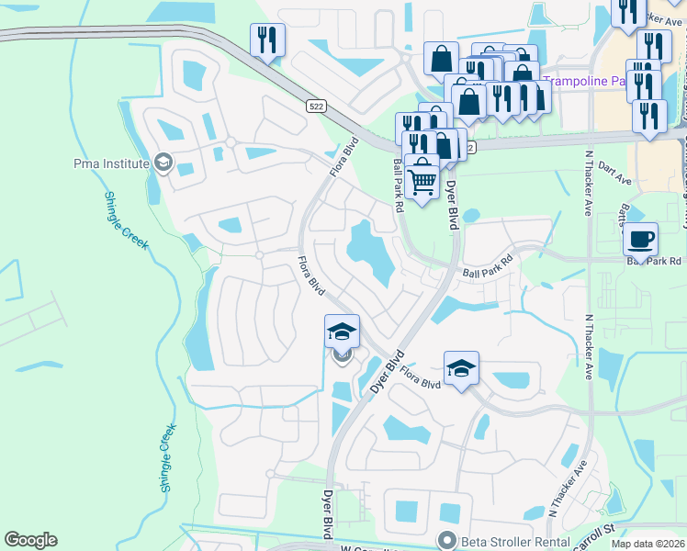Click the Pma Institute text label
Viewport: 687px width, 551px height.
point(111,163)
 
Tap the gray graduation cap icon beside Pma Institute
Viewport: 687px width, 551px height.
point(163,163)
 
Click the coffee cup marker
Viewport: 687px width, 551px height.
point(640,239)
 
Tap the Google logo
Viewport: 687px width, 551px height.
point(30,540)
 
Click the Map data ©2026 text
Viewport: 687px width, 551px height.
point(648,542)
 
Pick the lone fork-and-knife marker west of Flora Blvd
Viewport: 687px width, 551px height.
point(267,39)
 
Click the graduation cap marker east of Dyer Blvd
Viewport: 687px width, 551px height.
point(461,368)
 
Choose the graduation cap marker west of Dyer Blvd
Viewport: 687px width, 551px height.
point(342,332)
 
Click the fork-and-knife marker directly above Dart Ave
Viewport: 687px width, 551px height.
point(650,116)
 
